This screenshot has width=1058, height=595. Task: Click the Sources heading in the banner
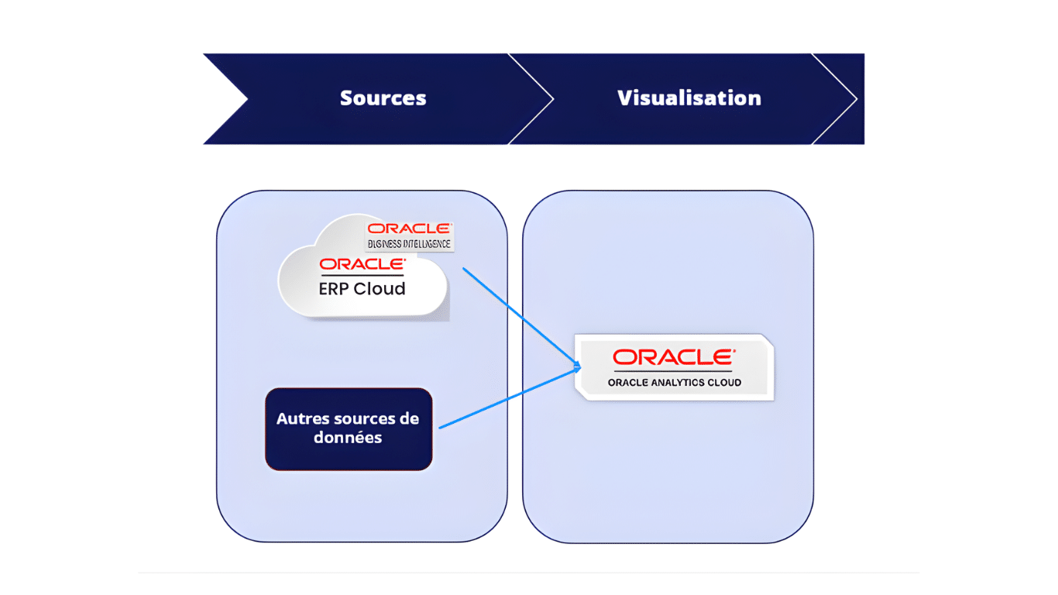click(x=383, y=98)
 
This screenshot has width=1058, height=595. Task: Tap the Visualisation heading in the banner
click(x=689, y=98)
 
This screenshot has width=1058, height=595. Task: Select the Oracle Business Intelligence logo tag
click(x=409, y=236)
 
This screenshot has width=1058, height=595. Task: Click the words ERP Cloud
click(x=362, y=289)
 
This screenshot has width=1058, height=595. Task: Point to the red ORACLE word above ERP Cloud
click(x=362, y=264)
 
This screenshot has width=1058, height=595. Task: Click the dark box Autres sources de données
click(x=348, y=428)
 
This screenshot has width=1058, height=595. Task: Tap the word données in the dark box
click(x=348, y=438)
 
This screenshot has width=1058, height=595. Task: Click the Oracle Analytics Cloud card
click(x=674, y=367)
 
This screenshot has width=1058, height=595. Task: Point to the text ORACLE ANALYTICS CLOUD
click(x=674, y=383)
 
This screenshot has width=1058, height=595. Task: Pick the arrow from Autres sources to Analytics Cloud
click(x=507, y=398)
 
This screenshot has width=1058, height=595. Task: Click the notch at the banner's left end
click(x=245, y=98)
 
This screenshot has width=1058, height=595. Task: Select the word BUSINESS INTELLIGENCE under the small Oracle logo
click(x=409, y=244)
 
